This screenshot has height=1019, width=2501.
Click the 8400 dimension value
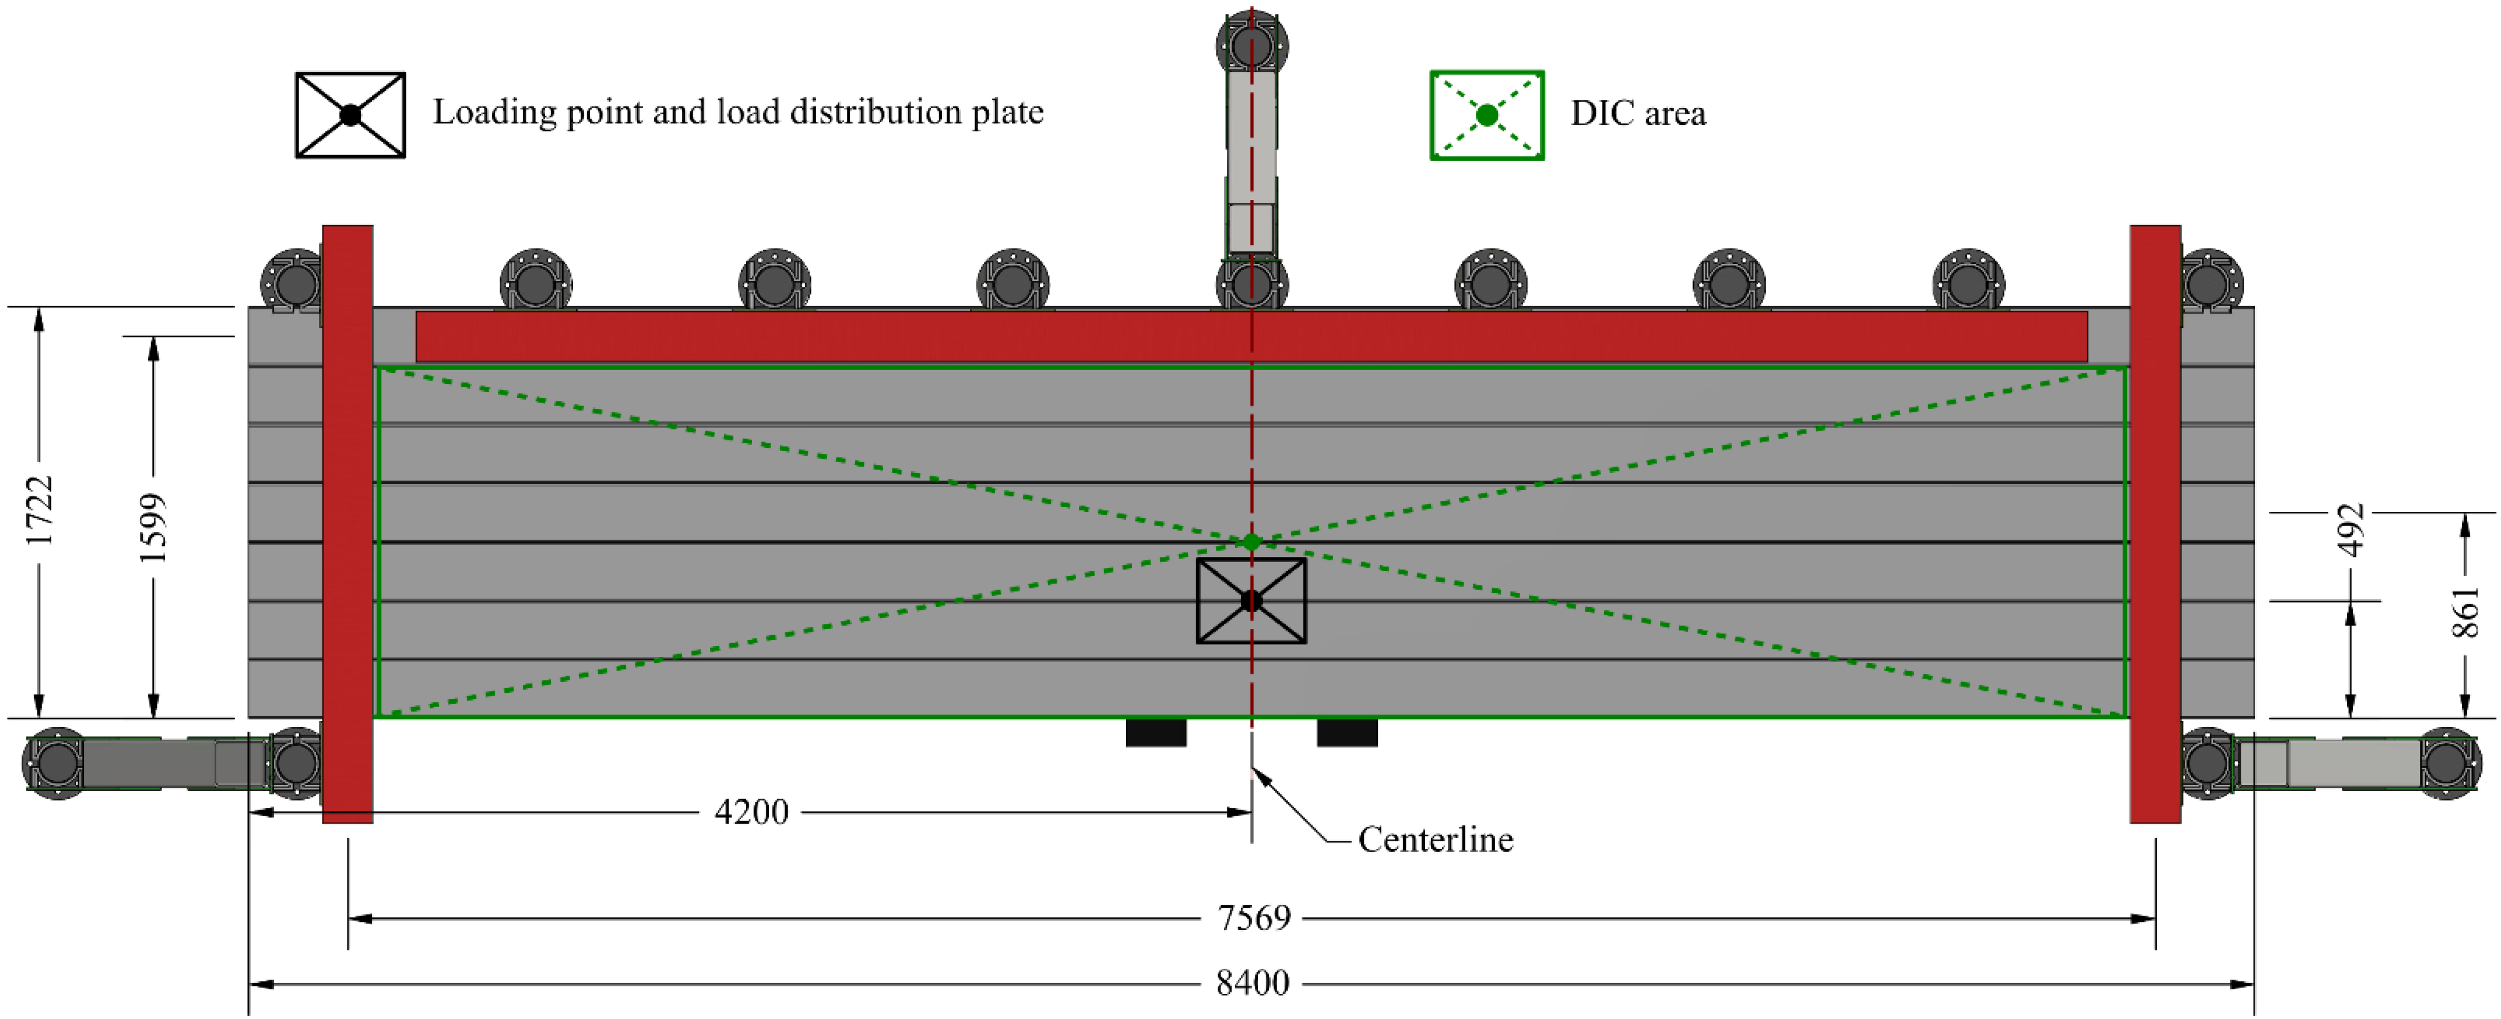tap(1252, 983)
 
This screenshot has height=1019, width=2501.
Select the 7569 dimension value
tap(1254, 917)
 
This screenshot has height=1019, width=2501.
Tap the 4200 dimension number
tap(751, 811)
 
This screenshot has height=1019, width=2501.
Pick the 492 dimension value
tap(2350, 531)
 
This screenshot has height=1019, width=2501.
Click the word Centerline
tap(1435, 839)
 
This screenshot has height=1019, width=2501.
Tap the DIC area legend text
tap(1638, 114)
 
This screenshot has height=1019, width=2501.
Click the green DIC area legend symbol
tap(1486, 115)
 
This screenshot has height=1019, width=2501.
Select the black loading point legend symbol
tap(350, 115)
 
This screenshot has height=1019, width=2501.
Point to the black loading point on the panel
tap(1251, 600)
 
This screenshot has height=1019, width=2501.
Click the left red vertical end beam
tap(348, 524)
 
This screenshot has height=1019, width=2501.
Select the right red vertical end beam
tap(2155, 524)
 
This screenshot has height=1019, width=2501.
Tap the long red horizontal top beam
tap(1251, 337)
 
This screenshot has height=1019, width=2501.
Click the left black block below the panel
tap(1155, 732)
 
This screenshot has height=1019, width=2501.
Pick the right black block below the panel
tap(1347, 732)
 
